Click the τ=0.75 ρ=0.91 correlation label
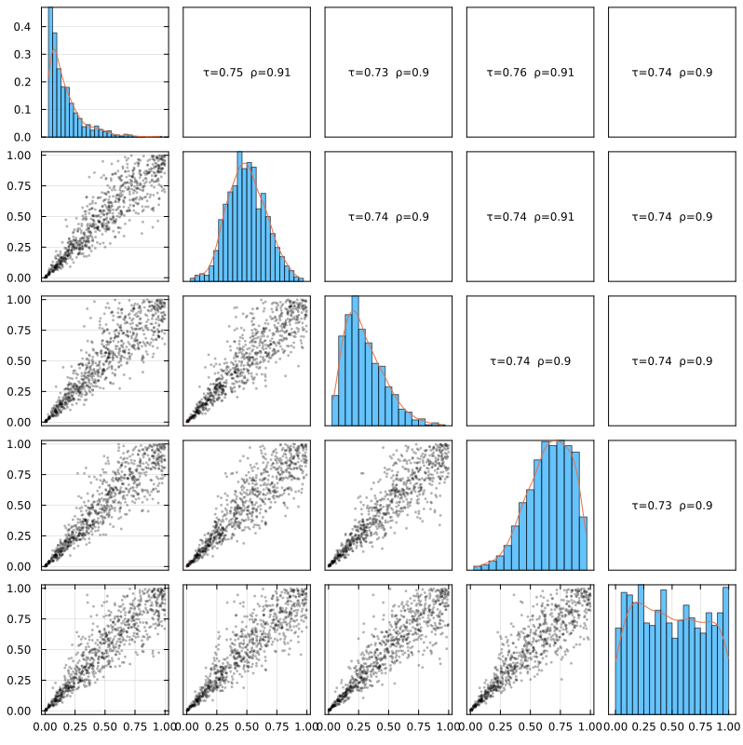click(x=247, y=73)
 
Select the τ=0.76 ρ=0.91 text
click(x=530, y=73)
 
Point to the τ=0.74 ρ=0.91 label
click(x=530, y=217)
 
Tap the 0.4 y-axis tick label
click(x=21, y=27)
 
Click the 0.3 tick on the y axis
click(x=21, y=54)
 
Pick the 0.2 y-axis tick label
click(x=21, y=82)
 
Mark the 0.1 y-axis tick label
click(x=21, y=109)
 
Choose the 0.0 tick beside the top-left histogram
click(x=21, y=137)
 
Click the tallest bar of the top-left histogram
click(x=50, y=73)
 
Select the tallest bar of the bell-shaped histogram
click(x=239, y=216)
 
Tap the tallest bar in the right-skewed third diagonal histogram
click(x=355, y=360)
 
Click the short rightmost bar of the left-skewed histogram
click(x=584, y=544)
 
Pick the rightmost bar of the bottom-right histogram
click(x=725, y=651)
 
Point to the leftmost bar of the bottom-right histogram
click(x=618, y=671)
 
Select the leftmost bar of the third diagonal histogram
click(x=335, y=411)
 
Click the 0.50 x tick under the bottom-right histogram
click(x=672, y=727)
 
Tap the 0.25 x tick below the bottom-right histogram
click(x=642, y=727)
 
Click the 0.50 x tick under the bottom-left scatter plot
click(x=104, y=727)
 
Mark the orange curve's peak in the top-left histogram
click(x=54, y=49)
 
